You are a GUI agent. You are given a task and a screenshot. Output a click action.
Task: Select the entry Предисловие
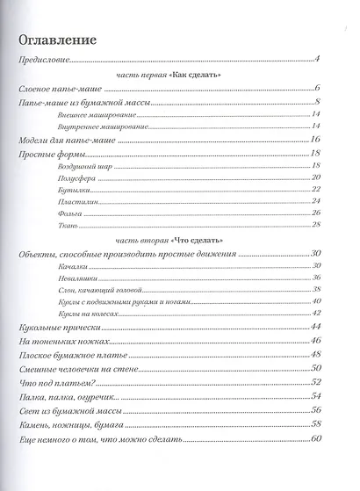point(45,61)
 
